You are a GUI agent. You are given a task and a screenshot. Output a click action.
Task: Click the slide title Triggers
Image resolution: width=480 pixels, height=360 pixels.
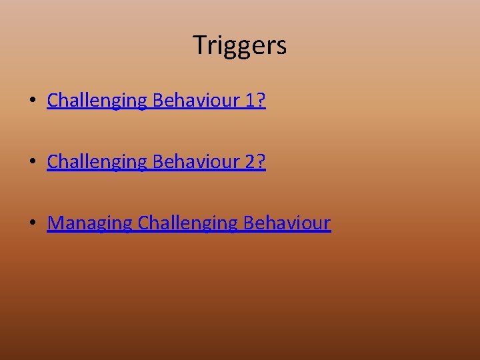tap(240, 45)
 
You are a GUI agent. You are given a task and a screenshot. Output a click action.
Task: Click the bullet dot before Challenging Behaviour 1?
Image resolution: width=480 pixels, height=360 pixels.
tap(32, 101)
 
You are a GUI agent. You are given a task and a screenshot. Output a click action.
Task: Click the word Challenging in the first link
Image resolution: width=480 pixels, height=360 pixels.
tap(97, 101)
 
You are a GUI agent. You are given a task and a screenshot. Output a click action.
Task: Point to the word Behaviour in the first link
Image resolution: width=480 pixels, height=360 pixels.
tap(196, 101)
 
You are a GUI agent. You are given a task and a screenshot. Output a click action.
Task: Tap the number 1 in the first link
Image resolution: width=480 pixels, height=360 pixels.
tap(249, 101)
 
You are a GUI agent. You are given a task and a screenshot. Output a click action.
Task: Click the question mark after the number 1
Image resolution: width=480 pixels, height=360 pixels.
tap(261, 101)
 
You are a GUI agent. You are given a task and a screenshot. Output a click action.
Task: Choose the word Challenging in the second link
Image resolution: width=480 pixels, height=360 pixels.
tap(97, 162)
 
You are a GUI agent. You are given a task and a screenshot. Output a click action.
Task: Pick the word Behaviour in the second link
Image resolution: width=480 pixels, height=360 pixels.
tap(196, 162)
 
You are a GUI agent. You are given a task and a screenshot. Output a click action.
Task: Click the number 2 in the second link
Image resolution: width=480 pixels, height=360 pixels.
tap(249, 162)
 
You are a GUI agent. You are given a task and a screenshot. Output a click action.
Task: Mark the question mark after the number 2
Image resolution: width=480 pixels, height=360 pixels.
tap(261, 162)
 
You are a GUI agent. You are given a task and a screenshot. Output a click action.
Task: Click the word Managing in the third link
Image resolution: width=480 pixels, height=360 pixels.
tap(90, 223)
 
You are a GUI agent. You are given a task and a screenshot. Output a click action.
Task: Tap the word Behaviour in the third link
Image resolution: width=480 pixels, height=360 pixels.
tap(287, 223)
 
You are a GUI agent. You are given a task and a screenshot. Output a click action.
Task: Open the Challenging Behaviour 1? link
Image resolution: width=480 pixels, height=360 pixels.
tap(156, 101)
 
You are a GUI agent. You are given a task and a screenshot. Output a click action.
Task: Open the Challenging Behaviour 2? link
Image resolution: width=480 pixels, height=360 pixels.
tap(156, 162)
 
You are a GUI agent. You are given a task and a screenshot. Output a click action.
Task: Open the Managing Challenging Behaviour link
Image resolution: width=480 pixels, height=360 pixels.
tap(189, 223)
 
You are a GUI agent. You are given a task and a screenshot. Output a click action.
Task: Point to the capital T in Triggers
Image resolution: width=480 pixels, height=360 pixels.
tap(199, 45)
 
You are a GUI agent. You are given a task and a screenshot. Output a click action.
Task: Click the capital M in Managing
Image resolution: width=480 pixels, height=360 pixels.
tap(57, 223)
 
